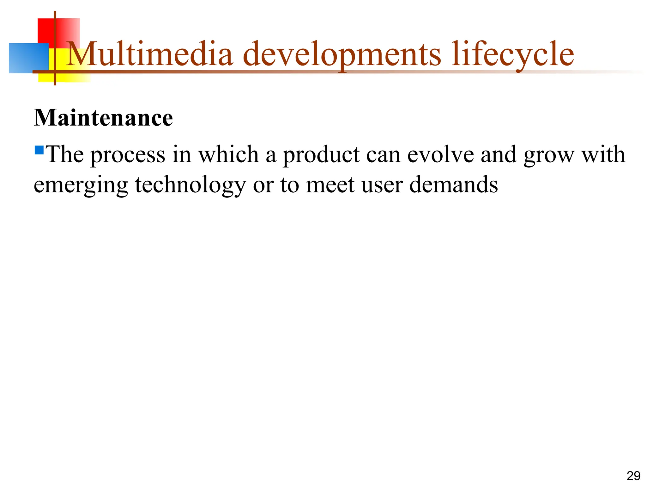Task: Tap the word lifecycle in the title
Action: click(x=513, y=54)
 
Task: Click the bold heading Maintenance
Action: click(x=103, y=118)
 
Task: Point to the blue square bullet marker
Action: click(x=39, y=150)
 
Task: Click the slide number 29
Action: click(x=633, y=476)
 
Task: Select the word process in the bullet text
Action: click(x=128, y=155)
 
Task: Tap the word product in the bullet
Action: click(x=321, y=155)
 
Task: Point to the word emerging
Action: click(x=81, y=185)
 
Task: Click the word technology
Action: click(x=190, y=185)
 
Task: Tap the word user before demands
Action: click(x=382, y=185)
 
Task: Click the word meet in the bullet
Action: click(x=330, y=185)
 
